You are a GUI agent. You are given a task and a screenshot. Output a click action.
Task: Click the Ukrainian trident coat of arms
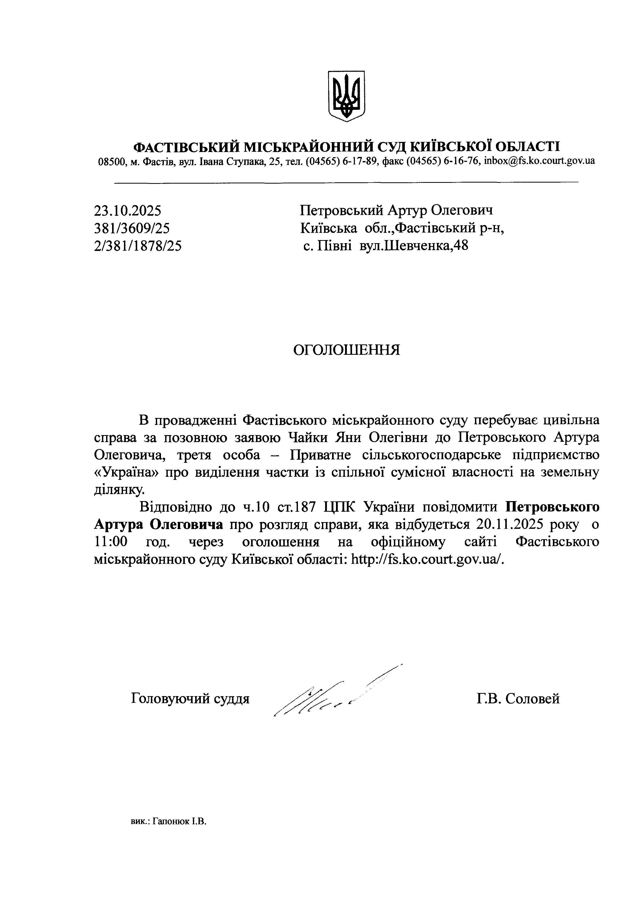[346, 96]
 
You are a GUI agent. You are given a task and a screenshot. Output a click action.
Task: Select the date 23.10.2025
[128, 210]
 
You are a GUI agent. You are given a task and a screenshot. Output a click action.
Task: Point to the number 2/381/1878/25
[138, 246]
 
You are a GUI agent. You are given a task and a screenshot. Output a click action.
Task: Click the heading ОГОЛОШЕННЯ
[346, 350]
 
